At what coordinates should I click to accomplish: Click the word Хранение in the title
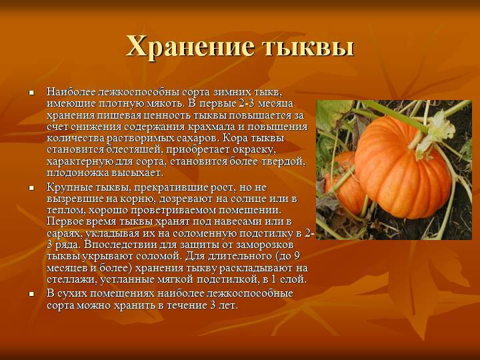(191, 47)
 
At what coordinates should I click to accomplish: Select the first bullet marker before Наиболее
(31, 92)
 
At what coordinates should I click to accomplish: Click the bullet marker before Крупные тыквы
(31, 187)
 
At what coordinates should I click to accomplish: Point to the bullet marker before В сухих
(31, 294)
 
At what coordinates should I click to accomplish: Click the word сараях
(64, 233)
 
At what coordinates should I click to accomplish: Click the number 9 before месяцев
(296, 256)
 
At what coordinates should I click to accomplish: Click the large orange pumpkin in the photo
(403, 169)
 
